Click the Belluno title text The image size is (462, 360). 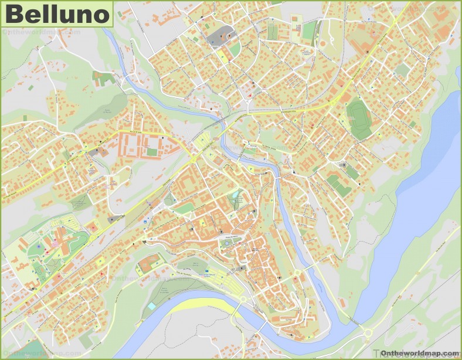click(57, 14)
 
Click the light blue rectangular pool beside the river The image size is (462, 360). click(152, 306)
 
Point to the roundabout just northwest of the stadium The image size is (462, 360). click(333, 103)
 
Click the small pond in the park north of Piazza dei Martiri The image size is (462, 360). click(236, 194)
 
